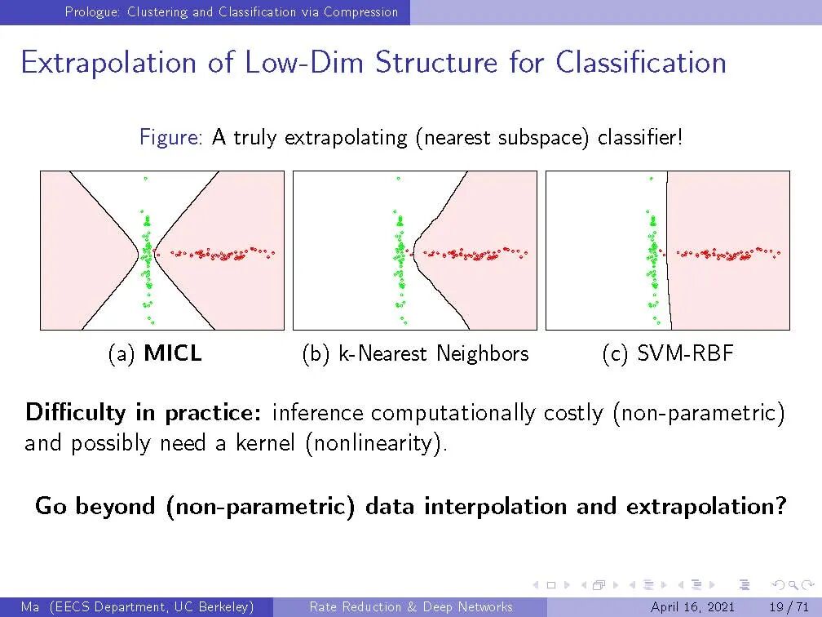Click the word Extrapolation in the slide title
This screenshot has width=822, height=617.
pyautogui.click(x=108, y=62)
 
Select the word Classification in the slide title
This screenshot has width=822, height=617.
pyautogui.click(x=641, y=61)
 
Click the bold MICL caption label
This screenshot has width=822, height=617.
pyautogui.click(x=173, y=353)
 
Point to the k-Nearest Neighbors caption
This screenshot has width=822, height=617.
pyautogui.click(x=434, y=353)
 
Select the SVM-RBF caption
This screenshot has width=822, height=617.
pyautogui.click(x=685, y=353)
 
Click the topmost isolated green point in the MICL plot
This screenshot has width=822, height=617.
pyautogui.click(x=146, y=179)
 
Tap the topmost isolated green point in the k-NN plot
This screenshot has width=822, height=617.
pyautogui.click(x=399, y=179)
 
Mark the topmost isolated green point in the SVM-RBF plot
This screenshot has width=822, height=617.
pyautogui.click(x=651, y=179)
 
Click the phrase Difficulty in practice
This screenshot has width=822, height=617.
pyautogui.click(x=144, y=412)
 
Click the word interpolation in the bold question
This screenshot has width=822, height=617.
pyautogui.click(x=496, y=506)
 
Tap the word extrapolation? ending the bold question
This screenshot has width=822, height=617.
pyautogui.click(x=707, y=506)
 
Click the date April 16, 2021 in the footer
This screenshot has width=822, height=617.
pyautogui.click(x=692, y=607)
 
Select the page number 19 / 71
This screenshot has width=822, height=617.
pyautogui.click(x=789, y=607)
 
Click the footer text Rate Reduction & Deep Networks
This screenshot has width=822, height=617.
pyautogui.click(x=411, y=607)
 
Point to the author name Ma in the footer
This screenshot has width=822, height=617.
pyautogui.click(x=30, y=607)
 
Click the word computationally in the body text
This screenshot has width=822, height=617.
pyautogui.click(x=453, y=413)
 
